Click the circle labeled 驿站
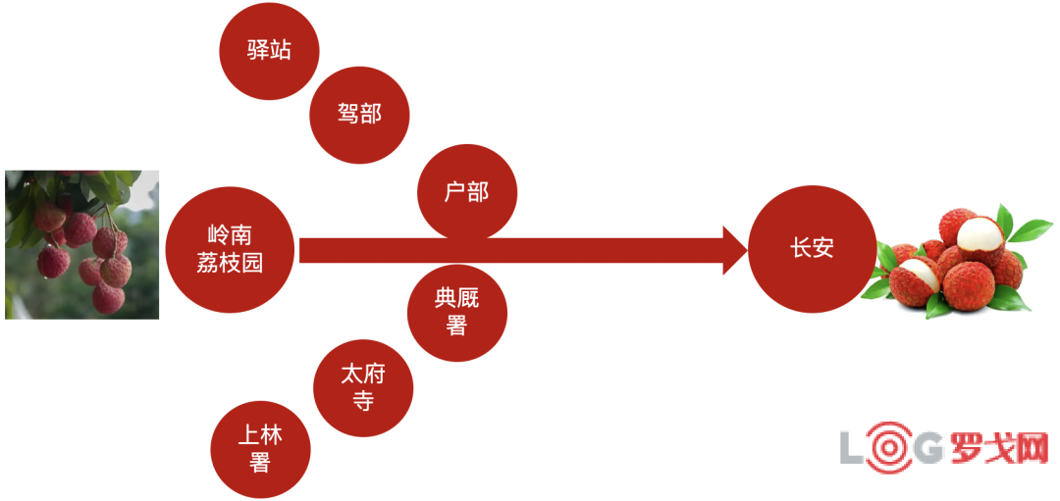tap(269, 51)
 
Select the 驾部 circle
tap(359, 114)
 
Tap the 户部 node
tap(467, 192)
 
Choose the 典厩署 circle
tap(457, 312)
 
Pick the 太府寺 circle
tap(363, 387)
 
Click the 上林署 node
tap(260, 450)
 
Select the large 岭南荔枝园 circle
tap(230, 249)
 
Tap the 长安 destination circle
tap(812, 249)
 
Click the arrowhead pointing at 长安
tap(735, 250)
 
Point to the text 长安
tap(812, 249)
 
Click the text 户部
tap(466, 193)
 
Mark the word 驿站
tap(269, 51)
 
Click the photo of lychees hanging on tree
tap(81, 244)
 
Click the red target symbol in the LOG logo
tap(889, 446)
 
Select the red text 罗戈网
tap(999, 446)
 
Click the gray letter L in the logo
tap(852, 447)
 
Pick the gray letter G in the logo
tap(929, 447)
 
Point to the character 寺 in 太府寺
tap(364, 401)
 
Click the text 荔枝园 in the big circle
tap(230, 262)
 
